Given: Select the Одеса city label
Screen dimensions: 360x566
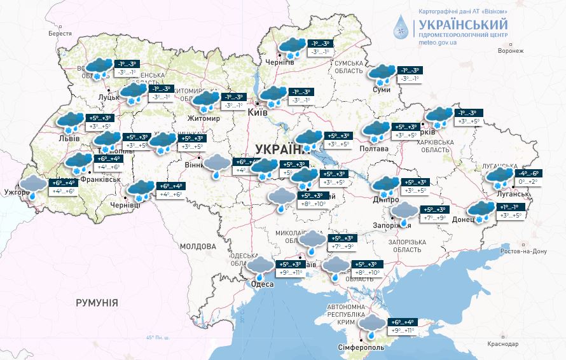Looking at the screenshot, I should (x=263, y=284).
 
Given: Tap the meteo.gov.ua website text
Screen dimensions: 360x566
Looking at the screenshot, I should (x=438, y=41).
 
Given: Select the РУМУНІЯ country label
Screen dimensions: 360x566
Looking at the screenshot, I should (x=97, y=303).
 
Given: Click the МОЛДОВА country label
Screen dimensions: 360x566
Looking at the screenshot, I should (x=198, y=246).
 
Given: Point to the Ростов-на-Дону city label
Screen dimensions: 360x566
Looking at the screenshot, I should (x=524, y=251).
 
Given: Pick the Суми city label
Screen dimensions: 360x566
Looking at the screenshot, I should (x=382, y=90).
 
